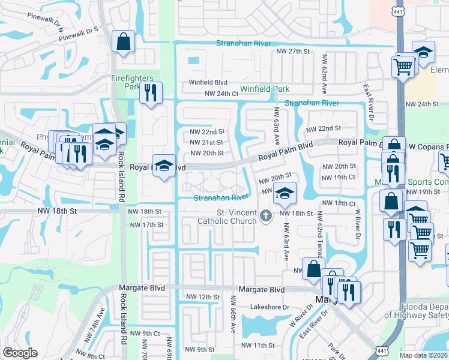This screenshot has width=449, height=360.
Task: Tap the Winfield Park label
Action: tap(265, 89)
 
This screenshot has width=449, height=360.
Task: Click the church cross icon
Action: tap(266, 214)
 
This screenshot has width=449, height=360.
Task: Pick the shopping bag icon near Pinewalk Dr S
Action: tap(124, 43)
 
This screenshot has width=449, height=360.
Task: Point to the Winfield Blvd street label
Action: tap(208, 82)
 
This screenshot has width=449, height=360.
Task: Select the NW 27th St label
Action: tap(292, 52)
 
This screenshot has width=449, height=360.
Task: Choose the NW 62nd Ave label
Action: tap(324, 73)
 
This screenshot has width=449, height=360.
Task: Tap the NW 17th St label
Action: tap(146, 225)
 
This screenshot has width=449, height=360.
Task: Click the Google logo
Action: tap(20, 353)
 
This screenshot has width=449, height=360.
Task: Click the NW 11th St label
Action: tap(258, 346)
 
